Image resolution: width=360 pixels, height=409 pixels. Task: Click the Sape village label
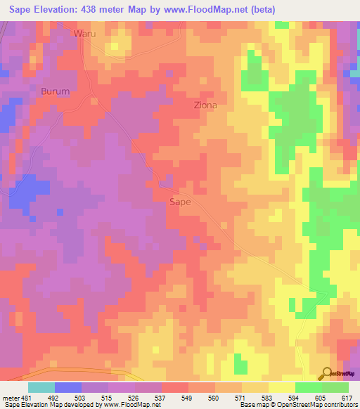(181, 202)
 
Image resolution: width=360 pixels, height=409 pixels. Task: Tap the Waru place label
(84, 33)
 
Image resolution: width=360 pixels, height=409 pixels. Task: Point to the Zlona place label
(205, 105)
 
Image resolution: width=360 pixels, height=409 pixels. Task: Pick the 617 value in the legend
(346, 397)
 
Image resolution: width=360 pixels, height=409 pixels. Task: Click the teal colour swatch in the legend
(41, 387)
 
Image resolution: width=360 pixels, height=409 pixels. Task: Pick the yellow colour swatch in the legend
(281, 387)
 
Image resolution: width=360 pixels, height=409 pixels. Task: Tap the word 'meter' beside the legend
(11, 397)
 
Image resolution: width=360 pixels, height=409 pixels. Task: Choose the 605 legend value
(319, 397)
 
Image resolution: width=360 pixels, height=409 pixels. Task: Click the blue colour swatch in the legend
(67, 387)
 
